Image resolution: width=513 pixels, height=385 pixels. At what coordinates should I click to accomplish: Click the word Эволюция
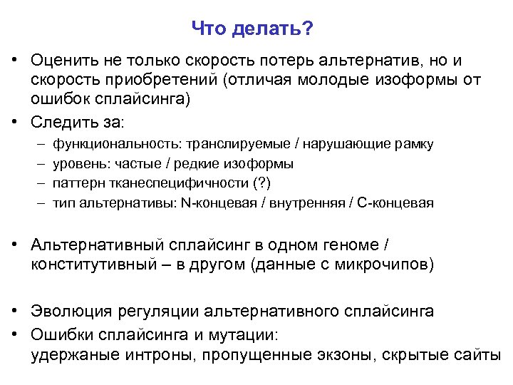(67, 312)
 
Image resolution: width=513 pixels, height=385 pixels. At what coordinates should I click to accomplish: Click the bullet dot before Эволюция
(14, 312)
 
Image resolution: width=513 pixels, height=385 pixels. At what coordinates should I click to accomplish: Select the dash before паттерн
(41, 183)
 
